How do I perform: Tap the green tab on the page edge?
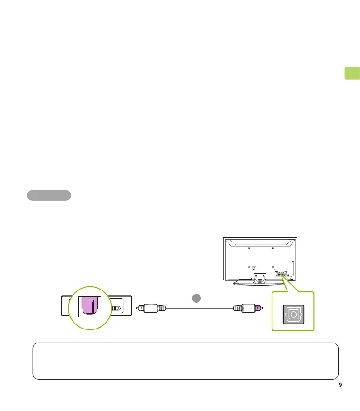pyautogui.click(x=352, y=73)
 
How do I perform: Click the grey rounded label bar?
pyautogui.click(x=49, y=195)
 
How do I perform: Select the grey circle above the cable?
pyautogui.click(x=195, y=298)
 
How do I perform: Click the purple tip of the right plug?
pyautogui.click(x=258, y=308)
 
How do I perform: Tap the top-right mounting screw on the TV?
pyautogui.click(x=272, y=248)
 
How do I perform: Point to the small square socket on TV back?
pyautogui.click(x=254, y=268)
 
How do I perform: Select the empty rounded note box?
pyautogui.click(x=185, y=361)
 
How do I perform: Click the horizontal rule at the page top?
pyautogui.click(x=185, y=19)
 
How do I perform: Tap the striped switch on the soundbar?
pyautogui.click(x=117, y=308)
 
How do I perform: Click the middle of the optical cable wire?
pyautogui.click(x=199, y=309)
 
